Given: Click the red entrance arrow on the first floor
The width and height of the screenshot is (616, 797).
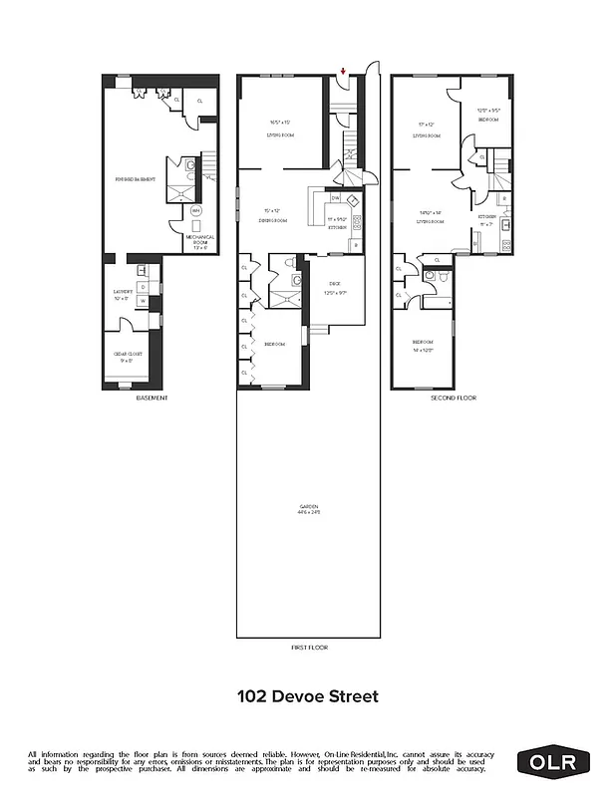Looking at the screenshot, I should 344,71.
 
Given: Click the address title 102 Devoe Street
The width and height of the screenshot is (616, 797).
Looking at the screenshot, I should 308,696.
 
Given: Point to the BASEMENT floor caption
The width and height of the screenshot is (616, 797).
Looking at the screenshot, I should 152,397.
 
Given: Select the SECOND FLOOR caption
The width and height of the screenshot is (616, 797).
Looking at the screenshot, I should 454,397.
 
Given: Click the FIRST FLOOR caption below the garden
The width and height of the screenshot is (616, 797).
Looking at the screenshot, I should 309,648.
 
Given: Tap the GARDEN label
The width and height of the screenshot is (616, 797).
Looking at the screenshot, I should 309,509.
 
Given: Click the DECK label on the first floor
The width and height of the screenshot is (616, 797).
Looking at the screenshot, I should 336,287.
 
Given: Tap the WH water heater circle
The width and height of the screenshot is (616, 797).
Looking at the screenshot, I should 195,211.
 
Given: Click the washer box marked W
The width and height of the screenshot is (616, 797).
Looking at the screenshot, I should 144,300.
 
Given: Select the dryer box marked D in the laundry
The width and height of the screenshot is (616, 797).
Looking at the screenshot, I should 144,287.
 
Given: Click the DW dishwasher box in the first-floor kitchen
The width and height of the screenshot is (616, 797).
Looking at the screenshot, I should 336,197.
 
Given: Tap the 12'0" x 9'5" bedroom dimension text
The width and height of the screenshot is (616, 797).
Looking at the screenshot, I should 487,112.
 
